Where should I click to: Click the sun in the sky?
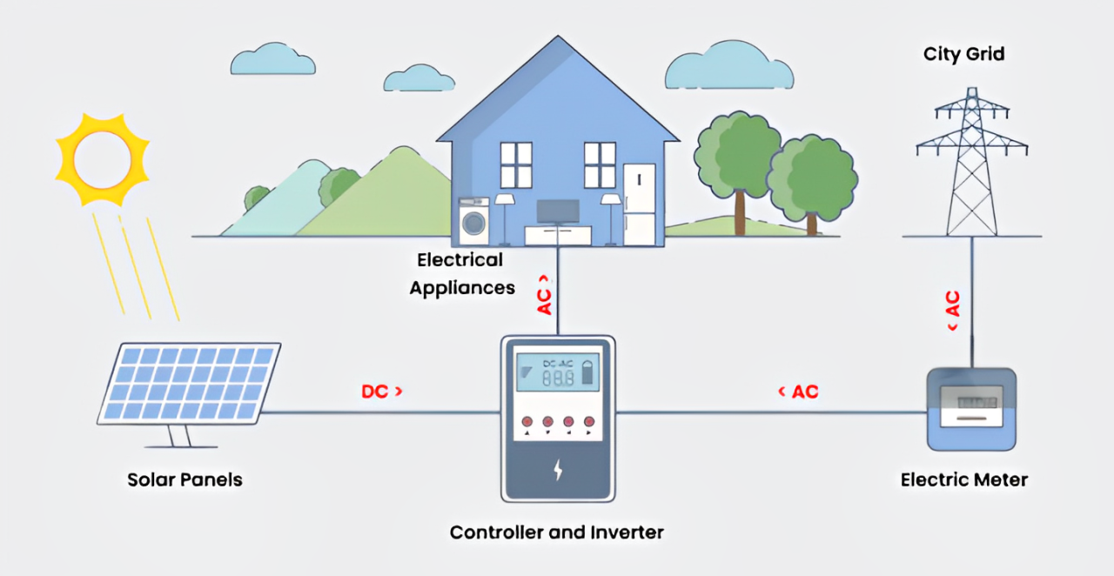coord(102,158)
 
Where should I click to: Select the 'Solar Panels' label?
coord(185,479)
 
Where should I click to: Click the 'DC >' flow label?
coord(382,392)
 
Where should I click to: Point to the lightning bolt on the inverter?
coord(558,471)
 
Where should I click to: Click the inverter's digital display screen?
coord(557,371)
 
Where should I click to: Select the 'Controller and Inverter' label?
coord(557,532)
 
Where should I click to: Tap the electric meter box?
coord(971,409)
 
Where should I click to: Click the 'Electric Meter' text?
coord(964,479)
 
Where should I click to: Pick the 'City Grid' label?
coord(964,54)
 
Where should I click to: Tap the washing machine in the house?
coord(474,223)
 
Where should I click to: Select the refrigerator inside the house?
coord(638,205)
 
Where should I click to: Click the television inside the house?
coord(558,211)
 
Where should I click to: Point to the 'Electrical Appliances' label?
coord(461,273)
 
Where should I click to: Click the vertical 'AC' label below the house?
coord(545,295)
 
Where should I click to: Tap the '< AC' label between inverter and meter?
coord(798,392)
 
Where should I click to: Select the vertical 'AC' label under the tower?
coord(952,309)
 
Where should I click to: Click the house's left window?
coord(516,164)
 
